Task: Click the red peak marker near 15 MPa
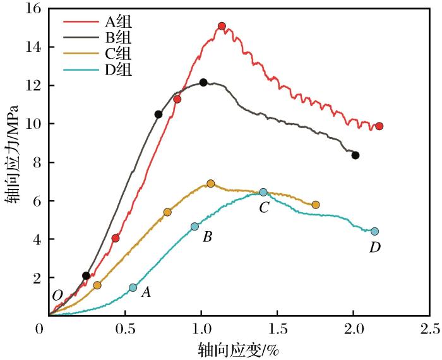click(x=222, y=26)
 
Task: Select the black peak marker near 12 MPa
click(x=203, y=82)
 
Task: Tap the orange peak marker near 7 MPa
click(x=211, y=184)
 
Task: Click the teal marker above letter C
click(x=263, y=192)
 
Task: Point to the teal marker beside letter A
click(x=133, y=287)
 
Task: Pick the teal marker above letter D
click(x=374, y=231)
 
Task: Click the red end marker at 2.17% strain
click(x=379, y=126)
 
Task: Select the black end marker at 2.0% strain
click(x=355, y=155)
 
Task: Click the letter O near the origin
click(x=57, y=296)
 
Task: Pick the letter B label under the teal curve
click(x=206, y=237)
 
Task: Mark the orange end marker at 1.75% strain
click(x=316, y=205)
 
